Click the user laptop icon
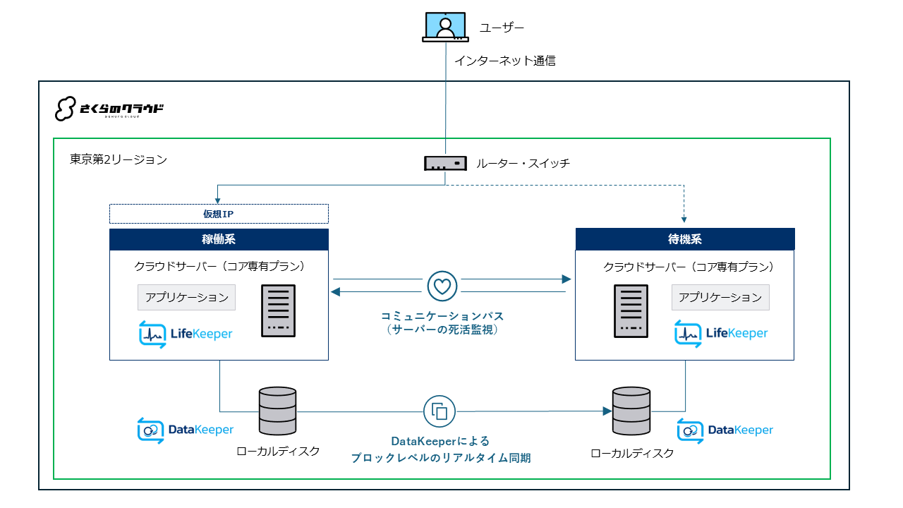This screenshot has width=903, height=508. pos(445,27)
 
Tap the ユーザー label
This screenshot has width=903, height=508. pos(502,28)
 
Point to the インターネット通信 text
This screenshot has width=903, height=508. pos(505,61)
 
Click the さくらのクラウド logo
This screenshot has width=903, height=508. pos(109,109)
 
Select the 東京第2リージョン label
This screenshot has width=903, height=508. pos(119,159)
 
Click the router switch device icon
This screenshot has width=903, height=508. pos(445,163)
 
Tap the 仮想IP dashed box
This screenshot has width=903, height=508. pos(219,214)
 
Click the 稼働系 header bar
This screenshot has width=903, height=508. pos(219,239)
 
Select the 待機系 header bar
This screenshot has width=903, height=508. pos(685,239)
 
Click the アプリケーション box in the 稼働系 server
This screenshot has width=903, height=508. pos(187,298)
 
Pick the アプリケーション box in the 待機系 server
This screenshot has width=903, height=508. pos(720,298)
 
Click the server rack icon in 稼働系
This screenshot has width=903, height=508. pos(278,311)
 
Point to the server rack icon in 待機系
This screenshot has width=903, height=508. pos(631,311)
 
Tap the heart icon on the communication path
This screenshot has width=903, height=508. pos(442,286)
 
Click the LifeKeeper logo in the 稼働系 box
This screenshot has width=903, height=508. pos(186,334)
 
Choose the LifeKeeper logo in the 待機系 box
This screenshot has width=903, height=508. pos(721,334)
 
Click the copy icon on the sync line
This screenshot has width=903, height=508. pos(440,411)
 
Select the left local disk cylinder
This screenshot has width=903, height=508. pos(277,411)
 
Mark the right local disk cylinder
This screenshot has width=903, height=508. pos(631,411)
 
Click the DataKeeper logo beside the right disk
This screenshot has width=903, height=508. pos(725,430)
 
